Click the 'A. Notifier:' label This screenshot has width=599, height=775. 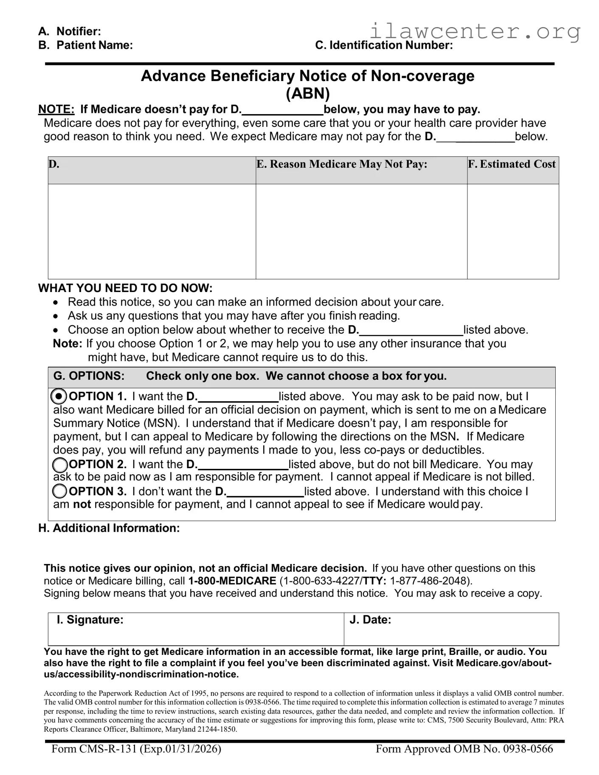[x=70, y=31]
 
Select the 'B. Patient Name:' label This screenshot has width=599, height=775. [x=85, y=45]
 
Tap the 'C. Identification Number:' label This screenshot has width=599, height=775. [x=384, y=45]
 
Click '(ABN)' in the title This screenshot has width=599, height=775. [x=307, y=93]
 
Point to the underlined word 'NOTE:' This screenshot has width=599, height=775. [x=56, y=110]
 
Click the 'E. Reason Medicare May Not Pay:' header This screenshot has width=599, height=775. [x=342, y=164]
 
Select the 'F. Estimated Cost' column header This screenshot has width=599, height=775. [x=512, y=164]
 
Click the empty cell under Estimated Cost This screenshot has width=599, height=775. [x=512, y=231]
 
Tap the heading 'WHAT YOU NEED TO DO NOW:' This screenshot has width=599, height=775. [x=125, y=288]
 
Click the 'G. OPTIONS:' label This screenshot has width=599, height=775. [x=89, y=376]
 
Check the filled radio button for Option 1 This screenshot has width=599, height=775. [x=59, y=396]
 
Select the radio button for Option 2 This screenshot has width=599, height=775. [x=59, y=465]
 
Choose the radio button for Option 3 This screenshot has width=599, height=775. [x=59, y=491]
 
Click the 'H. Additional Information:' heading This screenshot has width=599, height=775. [x=109, y=528]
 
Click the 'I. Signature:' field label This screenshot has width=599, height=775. [x=90, y=620]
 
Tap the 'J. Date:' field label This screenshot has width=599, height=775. [x=370, y=620]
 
